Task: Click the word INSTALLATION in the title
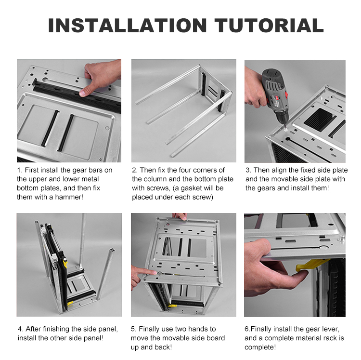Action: (x=128, y=25)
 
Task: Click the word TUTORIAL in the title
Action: (x=269, y=25)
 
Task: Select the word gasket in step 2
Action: (x=195, y=188)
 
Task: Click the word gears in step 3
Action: (x=265, y=188)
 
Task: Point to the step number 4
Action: (x=20, y=329)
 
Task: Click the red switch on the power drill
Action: (x=286, y=95)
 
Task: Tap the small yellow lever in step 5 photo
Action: (x=173, y=306)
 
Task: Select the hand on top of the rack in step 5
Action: (x=180, y=216)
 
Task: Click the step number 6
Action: (x=247, y=329)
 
